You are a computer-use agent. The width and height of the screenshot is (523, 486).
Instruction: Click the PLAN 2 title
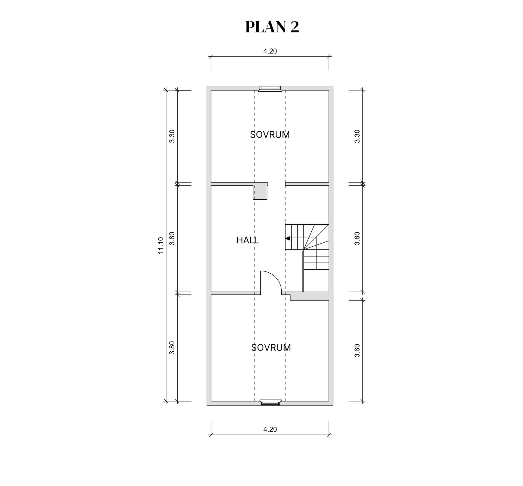click(x=272, y=27)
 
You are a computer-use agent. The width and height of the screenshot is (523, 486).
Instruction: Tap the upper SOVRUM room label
click(x=270, y=135)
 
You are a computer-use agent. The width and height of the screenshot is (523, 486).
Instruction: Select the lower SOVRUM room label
click(x=271, y=348)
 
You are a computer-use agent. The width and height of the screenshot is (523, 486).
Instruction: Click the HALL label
click(x=248, y=240)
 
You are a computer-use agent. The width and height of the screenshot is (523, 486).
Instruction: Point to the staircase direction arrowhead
click(x=288, y=239)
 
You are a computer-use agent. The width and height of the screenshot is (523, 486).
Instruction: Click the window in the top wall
click(x=270, y=89)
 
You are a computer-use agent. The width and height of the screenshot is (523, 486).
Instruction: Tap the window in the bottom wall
click(x=270, y=403)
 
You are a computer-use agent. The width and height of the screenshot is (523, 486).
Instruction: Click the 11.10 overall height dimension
click(x=161, y=245)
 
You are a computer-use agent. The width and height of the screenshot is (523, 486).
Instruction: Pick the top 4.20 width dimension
click(x=270, y=51)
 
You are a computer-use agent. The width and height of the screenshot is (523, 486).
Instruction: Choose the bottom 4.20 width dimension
click(x=270, y=429)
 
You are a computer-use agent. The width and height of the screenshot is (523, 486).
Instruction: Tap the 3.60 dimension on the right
click(x=357, y=351)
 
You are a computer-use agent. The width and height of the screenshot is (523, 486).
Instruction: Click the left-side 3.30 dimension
click(x=172, y=136)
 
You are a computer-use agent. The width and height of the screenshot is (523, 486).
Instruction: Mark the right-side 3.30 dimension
click(x=357, y=136)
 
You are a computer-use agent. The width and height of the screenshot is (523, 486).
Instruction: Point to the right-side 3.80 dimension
click(x=357, y=239)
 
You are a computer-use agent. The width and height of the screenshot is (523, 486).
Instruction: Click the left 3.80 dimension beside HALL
click(x=172, y=239)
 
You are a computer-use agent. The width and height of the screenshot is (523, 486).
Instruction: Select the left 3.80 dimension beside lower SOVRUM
click(x=172, y=348)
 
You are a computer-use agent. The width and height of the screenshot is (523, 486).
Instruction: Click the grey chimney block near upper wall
click(x=260, y=192)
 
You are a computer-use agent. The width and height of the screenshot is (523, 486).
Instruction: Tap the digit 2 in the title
click(x=295, y=27)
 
